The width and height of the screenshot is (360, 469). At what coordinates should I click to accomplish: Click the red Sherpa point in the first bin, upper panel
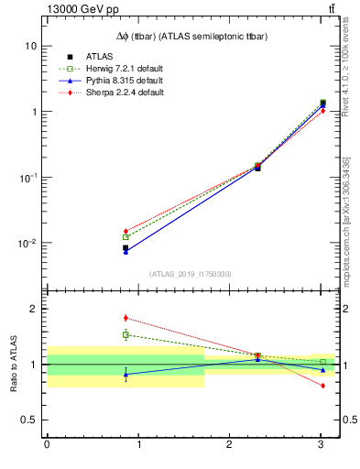coord(125,231)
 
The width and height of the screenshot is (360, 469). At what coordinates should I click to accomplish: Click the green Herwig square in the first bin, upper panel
coord(125,237)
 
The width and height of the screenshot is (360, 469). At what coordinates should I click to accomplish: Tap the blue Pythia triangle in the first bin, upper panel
coord(125,251)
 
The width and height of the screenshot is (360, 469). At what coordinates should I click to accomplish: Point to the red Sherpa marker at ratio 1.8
coord(125,318)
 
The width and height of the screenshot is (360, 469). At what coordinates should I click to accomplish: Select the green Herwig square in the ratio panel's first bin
coord(125,334)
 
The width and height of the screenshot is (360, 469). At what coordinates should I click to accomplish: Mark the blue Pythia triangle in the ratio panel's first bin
coord(125,374)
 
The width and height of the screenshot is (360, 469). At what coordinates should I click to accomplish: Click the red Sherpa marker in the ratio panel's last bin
coord(322,386)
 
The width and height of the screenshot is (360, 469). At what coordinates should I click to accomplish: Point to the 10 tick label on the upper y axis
coord(29,46)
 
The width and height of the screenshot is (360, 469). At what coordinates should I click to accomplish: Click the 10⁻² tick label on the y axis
coord(27,244)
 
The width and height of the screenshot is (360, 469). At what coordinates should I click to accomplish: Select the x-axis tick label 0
coord(47,445)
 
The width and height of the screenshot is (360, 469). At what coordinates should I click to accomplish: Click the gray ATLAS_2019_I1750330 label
coord(190,274)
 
